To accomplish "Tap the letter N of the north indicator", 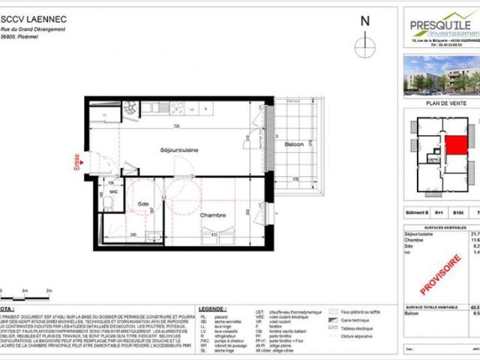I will pyautogui.click(x=365, y=22).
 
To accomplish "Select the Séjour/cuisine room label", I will pyautogui.click(x=178, y=151).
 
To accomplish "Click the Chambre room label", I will pyautogui.click(x=212, y=214).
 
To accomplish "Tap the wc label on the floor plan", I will pyautogui.click(x=112, y=192).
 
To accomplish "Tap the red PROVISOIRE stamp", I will pyautogui.click(x=444, y=273).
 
